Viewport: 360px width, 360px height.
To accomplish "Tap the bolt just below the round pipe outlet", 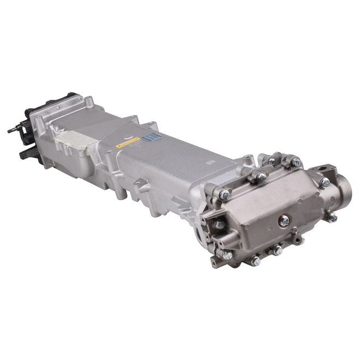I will [x=332, y=217].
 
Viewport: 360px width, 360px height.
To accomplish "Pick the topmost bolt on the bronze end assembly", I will [x=295, y=161].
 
